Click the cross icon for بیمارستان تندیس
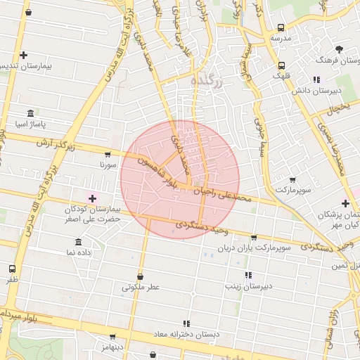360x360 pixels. [24, 54]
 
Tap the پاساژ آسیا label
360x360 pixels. [30, 124]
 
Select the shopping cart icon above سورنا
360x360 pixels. [107, 154]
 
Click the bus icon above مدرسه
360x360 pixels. [281, 27]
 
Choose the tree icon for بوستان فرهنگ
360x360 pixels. [340, 49]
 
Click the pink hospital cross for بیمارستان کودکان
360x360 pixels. [92, 199]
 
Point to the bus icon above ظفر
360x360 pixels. [12, 269]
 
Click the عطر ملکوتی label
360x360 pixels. [141, 287]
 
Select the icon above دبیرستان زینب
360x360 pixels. [247, 275]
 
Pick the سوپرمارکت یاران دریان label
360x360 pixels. [254, 248]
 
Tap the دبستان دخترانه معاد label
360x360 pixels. [186, 334]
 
